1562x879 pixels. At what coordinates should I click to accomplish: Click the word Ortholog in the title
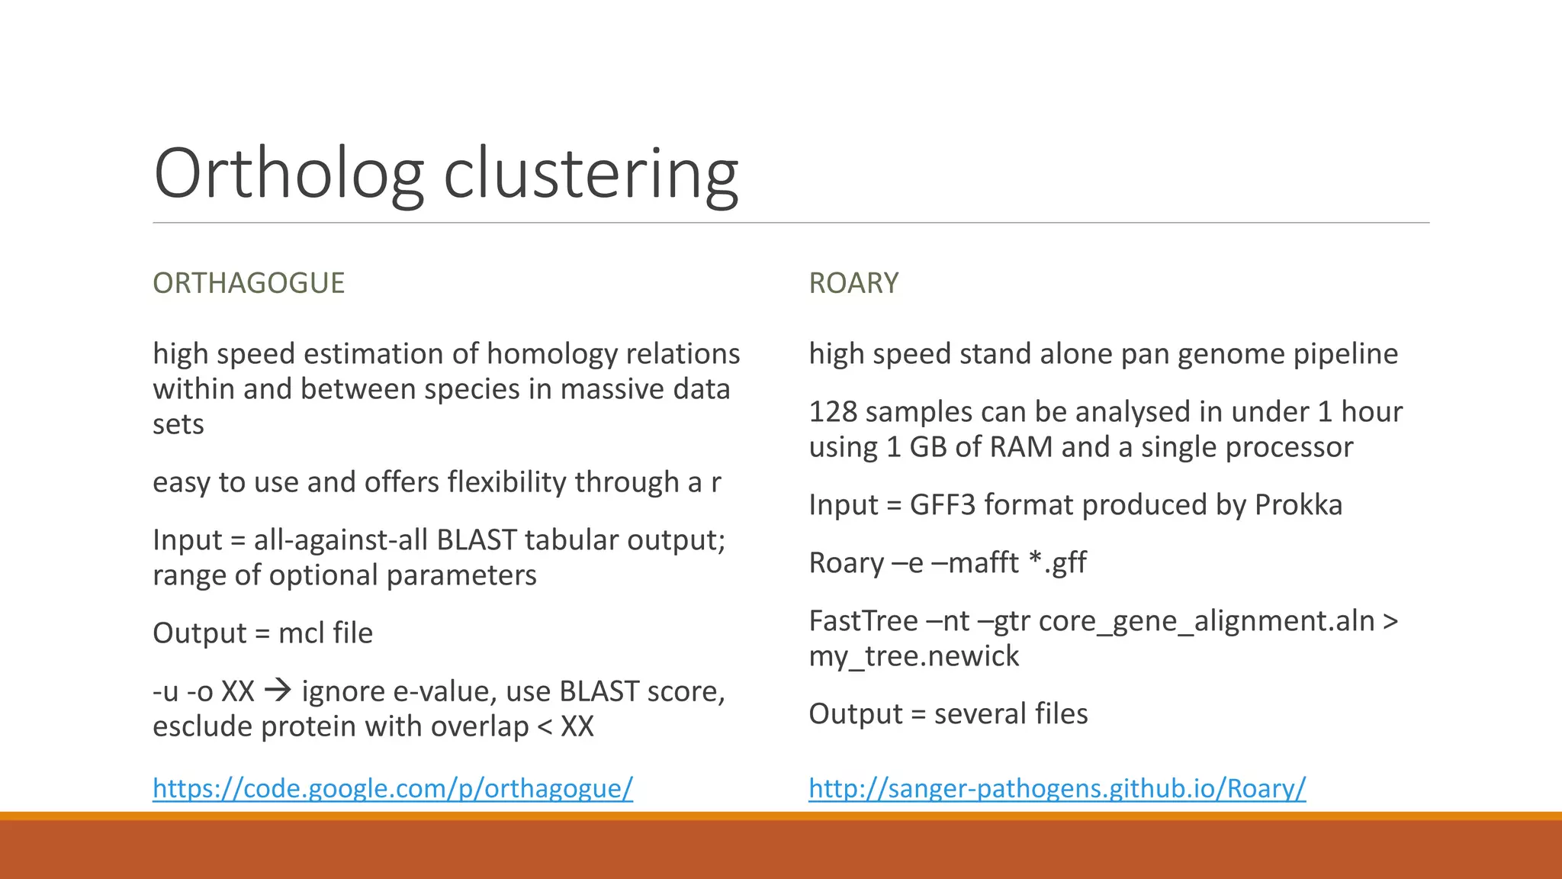click(288, 174)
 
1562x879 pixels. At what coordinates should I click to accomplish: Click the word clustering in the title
click(591, 174)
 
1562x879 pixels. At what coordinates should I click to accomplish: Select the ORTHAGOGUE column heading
click(249, 283)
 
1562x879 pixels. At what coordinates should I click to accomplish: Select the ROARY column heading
click(853, 283)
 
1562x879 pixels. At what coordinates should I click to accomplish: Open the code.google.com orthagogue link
click(393, 788)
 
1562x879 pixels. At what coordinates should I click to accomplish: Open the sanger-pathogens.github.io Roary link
click(1057, 788)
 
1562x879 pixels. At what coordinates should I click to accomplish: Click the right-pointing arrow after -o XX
click(278, 691)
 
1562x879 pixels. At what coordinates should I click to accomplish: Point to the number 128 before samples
click(833, 412)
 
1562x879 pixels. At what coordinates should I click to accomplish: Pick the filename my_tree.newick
click(914, 656)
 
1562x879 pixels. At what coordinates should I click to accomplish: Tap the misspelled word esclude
click(202, 726)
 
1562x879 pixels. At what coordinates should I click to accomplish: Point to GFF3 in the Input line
click(942, 505)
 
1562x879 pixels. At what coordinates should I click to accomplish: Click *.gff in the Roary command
click(1057, 563)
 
